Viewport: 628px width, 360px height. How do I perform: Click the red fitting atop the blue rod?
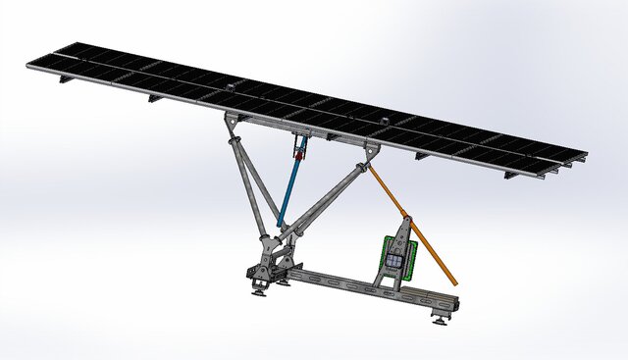(297, 151)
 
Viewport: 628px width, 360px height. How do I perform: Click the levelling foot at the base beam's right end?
(439, 316)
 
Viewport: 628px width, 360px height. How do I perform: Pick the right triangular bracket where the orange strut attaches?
(371, 153)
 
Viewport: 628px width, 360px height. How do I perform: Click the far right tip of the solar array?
(585, 155)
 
